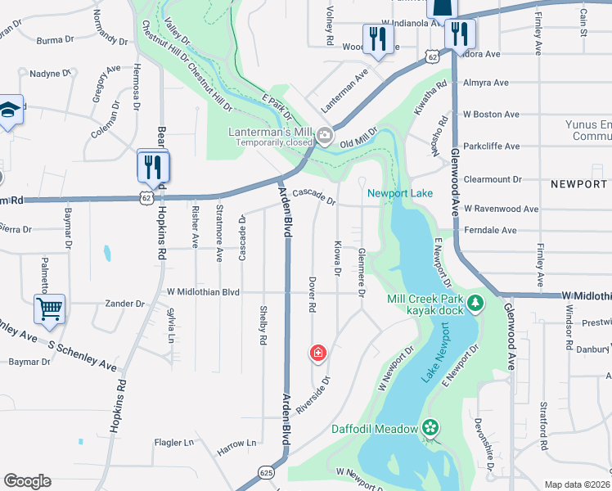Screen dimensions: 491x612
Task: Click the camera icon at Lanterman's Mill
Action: [x=325, y=135]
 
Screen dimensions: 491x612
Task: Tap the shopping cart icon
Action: [x=49, y=310]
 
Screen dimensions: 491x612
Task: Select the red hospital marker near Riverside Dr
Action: [x=317, y=354]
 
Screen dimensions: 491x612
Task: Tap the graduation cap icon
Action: [x=8, y=110]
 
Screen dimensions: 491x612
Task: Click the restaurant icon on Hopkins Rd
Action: [x=153, y=167]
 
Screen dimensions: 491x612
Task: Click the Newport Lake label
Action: [x=399, y=193]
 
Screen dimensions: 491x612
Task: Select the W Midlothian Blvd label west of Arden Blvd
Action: [x=203, y=291]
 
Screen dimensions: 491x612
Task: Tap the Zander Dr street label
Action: [x=125, y=304]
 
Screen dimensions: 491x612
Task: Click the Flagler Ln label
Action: [x=174, y=443]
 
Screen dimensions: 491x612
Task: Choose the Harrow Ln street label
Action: [x=236, y=443]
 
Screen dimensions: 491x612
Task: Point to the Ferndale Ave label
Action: [x=490, y=230]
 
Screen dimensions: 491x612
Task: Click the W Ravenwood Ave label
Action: [x=501, y=209]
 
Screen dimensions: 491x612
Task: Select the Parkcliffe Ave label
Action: [x=492, y=146]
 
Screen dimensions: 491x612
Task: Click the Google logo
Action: [x=27, y=481]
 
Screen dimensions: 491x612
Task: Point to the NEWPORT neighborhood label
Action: [x=579, y=184]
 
